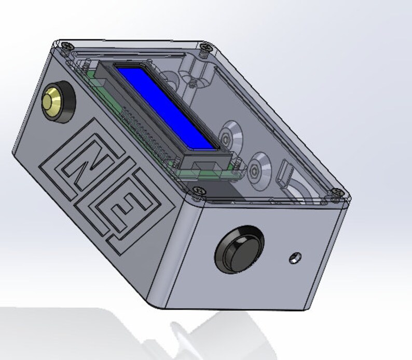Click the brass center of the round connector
click(x=53, y=98)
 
